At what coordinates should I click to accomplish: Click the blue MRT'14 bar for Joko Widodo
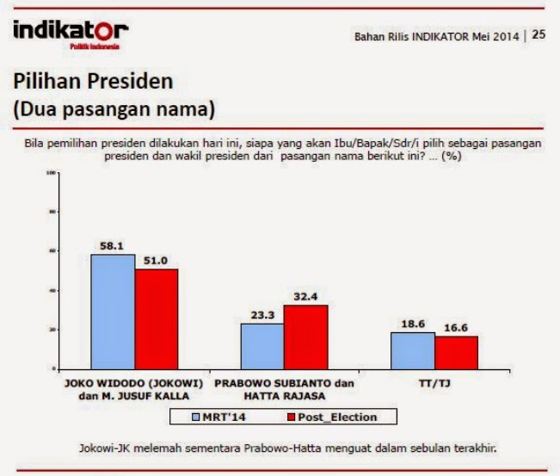point(113,312)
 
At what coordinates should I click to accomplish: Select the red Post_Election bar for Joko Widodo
point(156,318)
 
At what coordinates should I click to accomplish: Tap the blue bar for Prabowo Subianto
point(262,346)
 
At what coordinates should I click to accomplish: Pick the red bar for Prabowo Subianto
point(305,337)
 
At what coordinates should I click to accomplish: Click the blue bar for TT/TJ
point(412,350)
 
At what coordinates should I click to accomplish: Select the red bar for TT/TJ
point(456,352)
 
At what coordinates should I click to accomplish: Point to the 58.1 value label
point(114,246)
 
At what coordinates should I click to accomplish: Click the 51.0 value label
point(157,260)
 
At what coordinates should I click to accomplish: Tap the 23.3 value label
point(262,315)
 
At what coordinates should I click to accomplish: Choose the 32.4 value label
point(305,297)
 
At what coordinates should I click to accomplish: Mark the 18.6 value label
point(413,324)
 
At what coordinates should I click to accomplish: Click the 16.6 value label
point(456,328)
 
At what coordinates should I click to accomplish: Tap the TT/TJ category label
point(434,381)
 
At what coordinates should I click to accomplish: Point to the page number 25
point(538,35)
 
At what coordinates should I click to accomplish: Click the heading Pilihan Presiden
point(93,82)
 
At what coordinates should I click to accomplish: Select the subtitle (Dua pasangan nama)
point(113,110)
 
